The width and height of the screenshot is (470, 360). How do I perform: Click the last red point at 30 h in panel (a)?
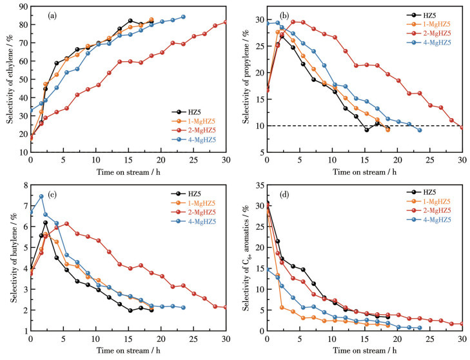(226, 22)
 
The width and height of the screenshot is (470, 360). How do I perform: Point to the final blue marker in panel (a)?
(183, 17)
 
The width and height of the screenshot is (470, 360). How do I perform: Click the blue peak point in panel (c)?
(41, 196)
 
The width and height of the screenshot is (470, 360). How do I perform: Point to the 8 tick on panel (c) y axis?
(23, 186)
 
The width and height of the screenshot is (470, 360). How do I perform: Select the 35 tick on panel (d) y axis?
(257, 186)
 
